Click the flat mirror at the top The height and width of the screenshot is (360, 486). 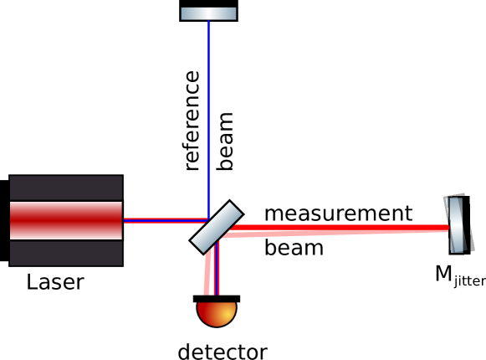(x=208, y=13)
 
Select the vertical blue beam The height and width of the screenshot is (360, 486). (x=208, y=117)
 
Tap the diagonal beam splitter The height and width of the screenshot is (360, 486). (x=216, y=227)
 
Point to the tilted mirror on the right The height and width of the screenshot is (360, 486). (x=456, y=224)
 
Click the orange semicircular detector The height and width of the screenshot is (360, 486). (x=217, y=312)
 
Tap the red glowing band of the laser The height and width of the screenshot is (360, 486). (x=66, y=220)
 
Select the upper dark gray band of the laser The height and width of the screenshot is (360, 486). (x=66, y=188)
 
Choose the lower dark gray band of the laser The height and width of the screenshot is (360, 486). (x=66, y=253)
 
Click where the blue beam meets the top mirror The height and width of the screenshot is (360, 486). (x=208, y=19)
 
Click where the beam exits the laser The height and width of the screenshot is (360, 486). (x=123, y=221)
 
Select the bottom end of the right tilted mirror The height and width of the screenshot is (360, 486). (x=458, y=249)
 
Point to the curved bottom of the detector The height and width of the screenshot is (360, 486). (x=217, y=325)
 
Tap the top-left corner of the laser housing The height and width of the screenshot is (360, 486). (x=11, y=177)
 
